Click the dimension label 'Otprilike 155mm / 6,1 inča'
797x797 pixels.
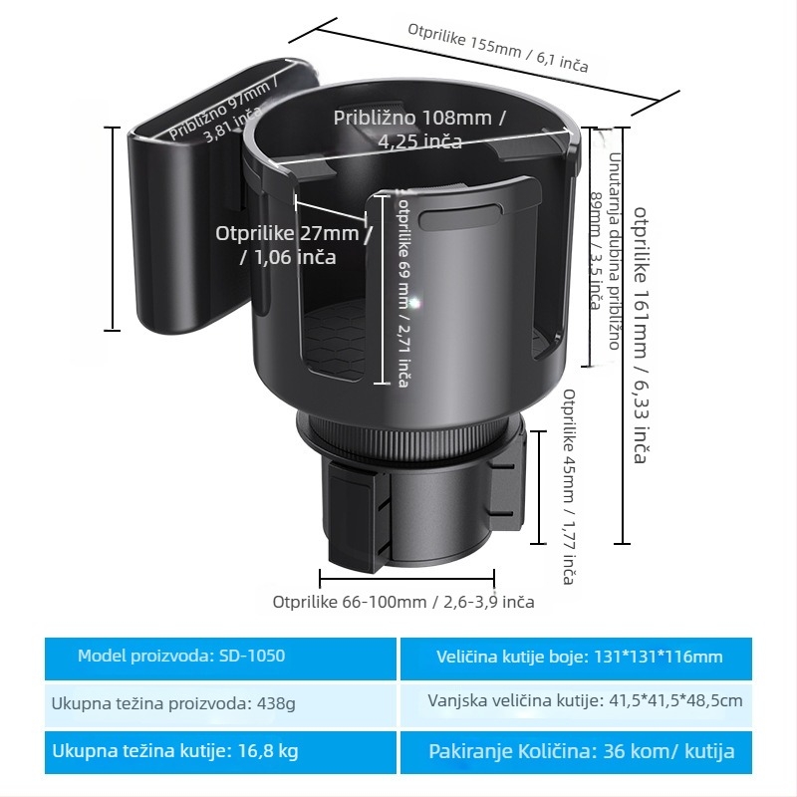tap(498, 48)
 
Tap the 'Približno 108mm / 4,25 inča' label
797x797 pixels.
tap(419, 130)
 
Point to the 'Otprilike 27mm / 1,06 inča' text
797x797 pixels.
tap(294, 245)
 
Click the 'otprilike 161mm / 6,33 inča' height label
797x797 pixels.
tap(641, 335)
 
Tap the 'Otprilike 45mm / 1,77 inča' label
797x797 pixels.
tap(569, 486)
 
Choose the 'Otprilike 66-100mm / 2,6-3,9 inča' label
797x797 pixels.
tap(403, 602)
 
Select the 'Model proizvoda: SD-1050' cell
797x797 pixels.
tap(220, 658)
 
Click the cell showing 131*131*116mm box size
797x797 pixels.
tap(577, 658)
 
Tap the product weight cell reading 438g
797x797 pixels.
tap(220, 705)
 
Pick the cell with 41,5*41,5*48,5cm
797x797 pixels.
tap(577, 705)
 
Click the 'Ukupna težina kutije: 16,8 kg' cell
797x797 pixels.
tap(220, 752)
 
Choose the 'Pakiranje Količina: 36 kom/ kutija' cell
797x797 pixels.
tap(577, 752)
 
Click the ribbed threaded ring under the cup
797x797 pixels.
tap(409, 436)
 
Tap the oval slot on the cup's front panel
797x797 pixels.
tap(460, 218)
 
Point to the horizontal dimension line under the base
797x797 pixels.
tap(406, 579)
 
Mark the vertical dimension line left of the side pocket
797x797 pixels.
tap(112, 229)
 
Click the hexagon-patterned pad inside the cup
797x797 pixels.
tap(336, 340)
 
